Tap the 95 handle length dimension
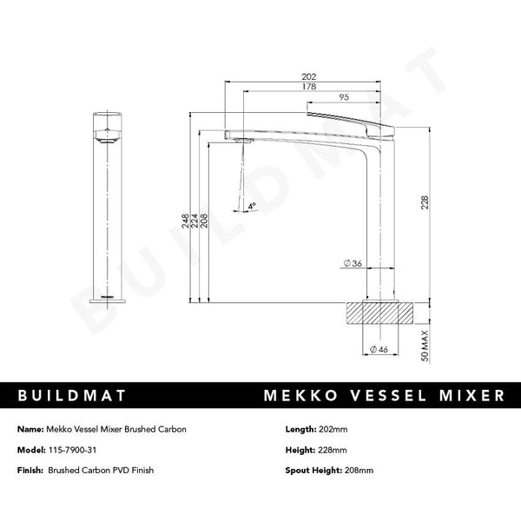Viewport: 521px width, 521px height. (x=345, y=97)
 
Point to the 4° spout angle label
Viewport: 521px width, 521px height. (x=251, y=207)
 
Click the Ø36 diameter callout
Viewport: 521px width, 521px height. (x=353, y=263)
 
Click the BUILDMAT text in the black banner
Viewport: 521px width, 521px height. (x=73, y=395)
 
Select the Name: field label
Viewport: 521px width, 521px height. (x=30, y=429)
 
